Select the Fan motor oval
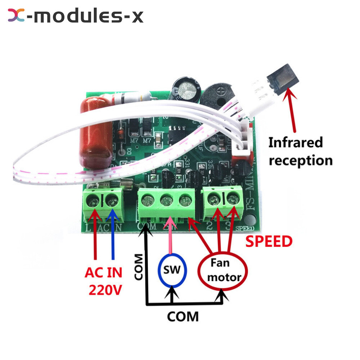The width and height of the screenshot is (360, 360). tap(224, 270)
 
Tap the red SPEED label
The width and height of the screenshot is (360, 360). tap(269, 241)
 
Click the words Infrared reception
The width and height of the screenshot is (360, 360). tap(300, 151)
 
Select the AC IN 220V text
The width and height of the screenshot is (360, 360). tap(103, 281)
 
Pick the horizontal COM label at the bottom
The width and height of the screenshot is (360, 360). tap(183, 316)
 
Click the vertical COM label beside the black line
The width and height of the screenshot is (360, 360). tap(139, 267)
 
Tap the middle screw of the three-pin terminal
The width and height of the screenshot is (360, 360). tap(166, 200)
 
